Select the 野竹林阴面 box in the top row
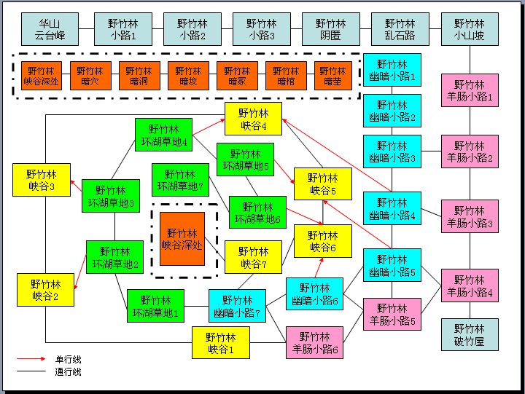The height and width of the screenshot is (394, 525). pos(330,29)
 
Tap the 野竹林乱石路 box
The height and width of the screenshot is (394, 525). pos(400,29)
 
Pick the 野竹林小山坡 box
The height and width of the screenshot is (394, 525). pos(469,29)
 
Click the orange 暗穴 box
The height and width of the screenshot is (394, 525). pos(90,76)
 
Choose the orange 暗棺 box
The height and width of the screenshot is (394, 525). pos(286,76)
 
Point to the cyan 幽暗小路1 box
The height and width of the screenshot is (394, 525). pos(392,70)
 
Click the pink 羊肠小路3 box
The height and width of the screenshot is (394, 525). pos(470,216)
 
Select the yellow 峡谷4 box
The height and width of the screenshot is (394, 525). pos(252,119)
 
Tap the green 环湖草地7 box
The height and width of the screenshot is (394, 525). pos(180,180)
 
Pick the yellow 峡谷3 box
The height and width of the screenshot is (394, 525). pos(42,180)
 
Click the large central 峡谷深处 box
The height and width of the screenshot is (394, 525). pos(182,239)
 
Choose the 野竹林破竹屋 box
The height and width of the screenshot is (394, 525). pos(470,334)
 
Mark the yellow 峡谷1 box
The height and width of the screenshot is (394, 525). pos(221,342)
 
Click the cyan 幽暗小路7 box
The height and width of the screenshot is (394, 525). pos(237,306)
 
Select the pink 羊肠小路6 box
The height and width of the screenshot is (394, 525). pos(315,342)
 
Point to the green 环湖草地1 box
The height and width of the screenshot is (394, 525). pos(155,306)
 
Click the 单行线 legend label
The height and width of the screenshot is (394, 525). pos(68,359)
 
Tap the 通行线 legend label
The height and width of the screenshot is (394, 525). pos(68,372)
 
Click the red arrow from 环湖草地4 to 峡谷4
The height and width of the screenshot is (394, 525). pos(208,125)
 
